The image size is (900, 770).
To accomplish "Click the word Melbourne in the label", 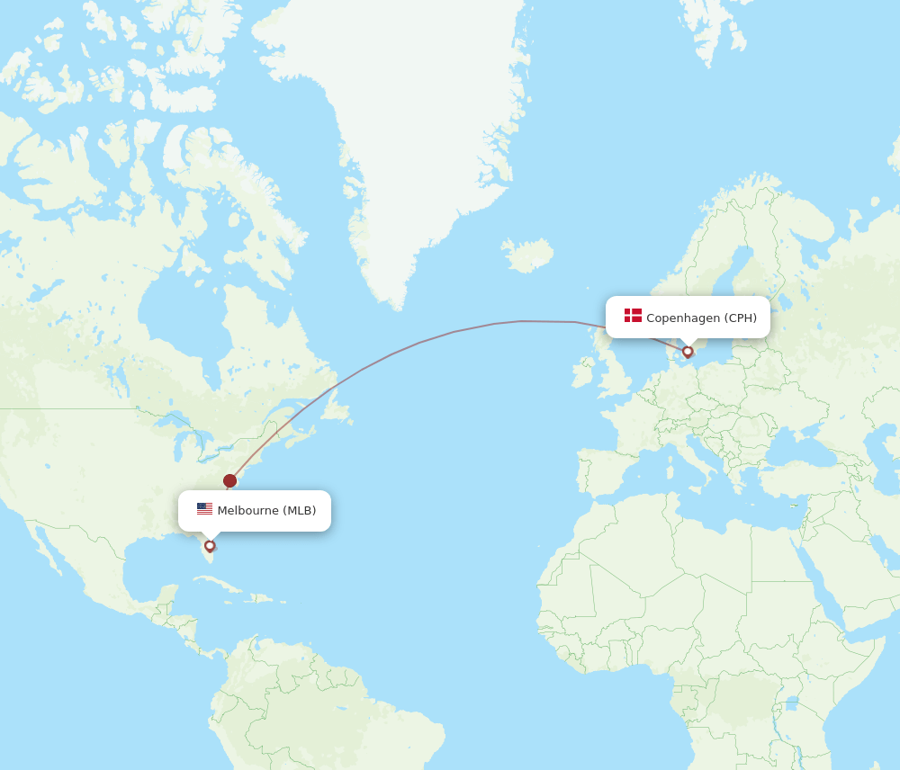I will (x=247, y=511).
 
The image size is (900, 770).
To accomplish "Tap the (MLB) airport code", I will (x=300, y=511).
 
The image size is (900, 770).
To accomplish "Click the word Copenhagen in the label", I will (x=683, y=318).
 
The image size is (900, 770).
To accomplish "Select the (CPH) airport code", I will (x=741, y=318).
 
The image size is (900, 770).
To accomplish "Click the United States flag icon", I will (x=204, y=509).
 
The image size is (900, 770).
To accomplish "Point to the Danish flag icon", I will (x=633, y=316).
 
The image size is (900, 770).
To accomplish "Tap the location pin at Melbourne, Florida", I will (x=210, y=545).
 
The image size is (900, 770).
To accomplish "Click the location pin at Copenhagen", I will (x=688, y=352).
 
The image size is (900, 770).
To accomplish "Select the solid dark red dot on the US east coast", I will (x=229, y=480).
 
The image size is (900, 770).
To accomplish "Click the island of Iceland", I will (x=528, y=255).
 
